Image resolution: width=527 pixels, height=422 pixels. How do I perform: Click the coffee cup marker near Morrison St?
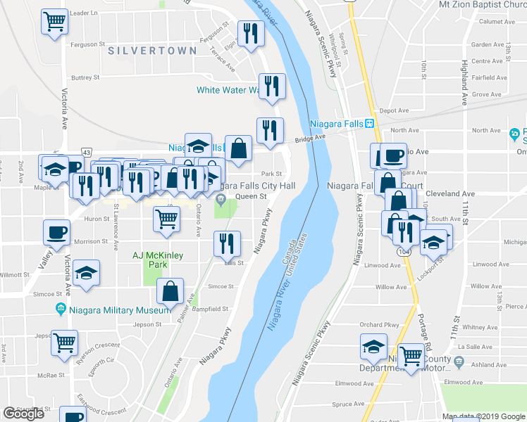tap(56, 232)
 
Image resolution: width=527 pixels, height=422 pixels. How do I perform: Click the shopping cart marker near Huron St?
tap(166, 218)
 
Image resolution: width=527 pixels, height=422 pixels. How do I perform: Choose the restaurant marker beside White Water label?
tap(272, 86)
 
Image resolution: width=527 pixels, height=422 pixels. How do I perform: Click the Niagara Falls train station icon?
tap(369, 124)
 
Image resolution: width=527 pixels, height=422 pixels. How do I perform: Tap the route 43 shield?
tap(86, 152)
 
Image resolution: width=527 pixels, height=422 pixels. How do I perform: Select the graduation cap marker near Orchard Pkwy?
tap(373, 345)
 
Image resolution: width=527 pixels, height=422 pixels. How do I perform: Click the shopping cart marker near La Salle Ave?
tap(411, 356)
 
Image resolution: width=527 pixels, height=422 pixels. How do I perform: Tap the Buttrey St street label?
tap(85, 77)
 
